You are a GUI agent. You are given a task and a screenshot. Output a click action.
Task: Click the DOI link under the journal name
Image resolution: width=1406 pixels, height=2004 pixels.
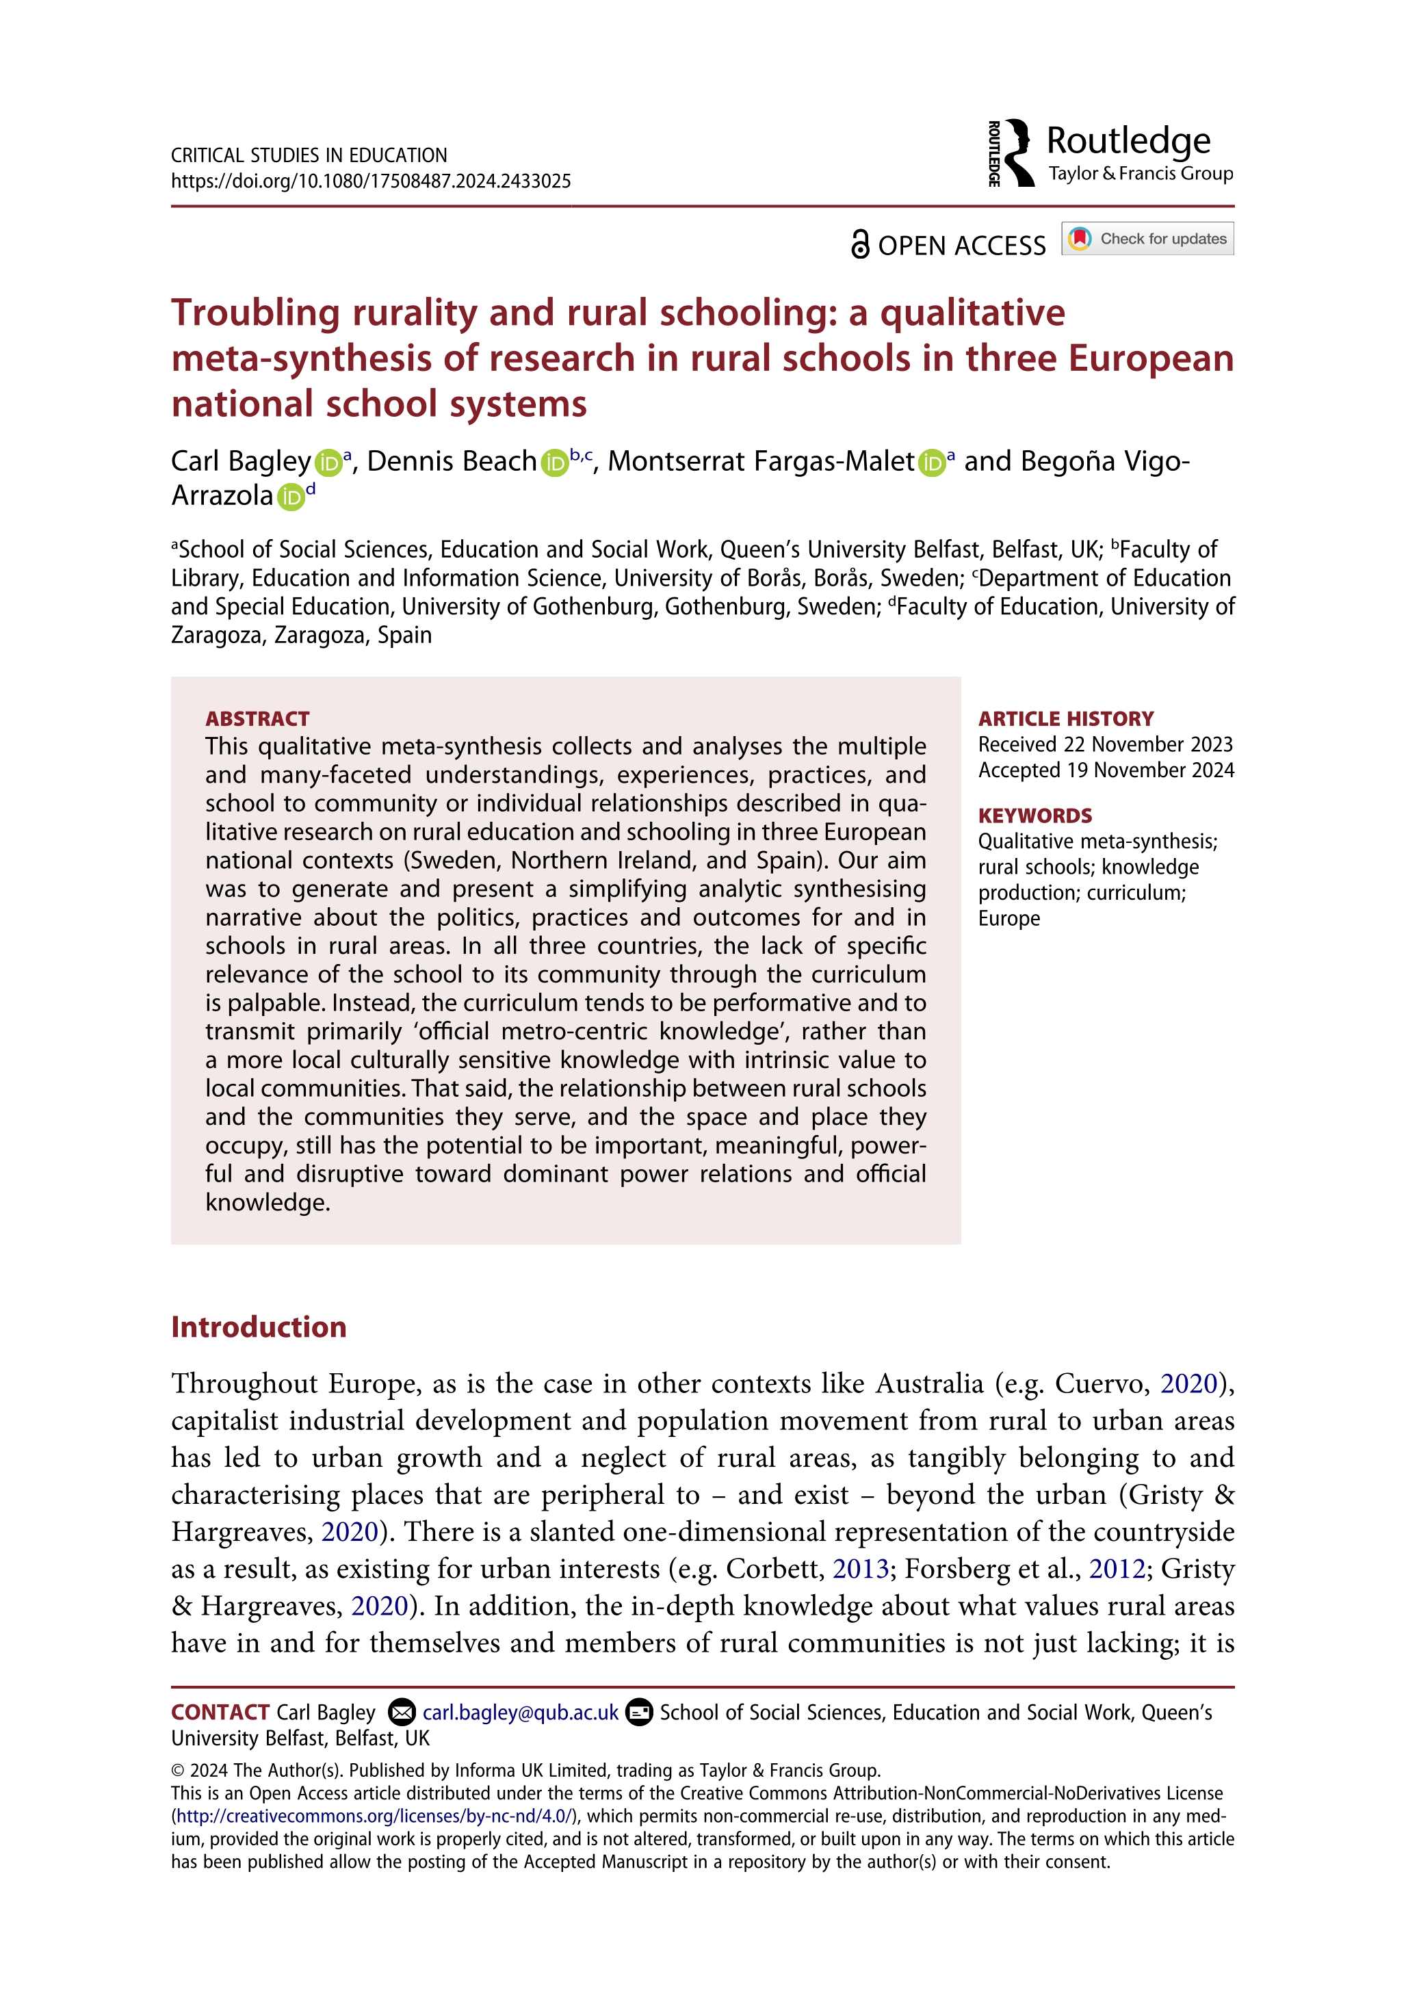point(371,181)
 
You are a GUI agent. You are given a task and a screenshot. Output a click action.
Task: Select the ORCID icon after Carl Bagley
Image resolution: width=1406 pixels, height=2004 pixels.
point(328,463)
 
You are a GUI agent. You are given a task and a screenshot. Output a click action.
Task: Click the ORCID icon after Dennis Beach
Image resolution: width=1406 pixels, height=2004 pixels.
point(554,463)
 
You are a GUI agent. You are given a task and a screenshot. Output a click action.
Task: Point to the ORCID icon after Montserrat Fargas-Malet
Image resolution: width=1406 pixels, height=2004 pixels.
point(932,463)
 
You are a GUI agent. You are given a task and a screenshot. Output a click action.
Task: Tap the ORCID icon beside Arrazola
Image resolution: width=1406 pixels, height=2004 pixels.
point(291,497)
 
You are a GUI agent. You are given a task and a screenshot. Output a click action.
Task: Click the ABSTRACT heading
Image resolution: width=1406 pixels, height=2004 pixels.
point(257,718)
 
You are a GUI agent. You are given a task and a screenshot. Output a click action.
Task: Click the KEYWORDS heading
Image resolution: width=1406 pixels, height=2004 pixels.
point(1034,816)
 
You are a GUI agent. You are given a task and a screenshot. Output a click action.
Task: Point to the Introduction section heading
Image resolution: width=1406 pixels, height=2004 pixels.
point(259,1327)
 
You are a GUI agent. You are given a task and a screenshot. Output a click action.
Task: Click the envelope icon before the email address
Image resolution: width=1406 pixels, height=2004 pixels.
point(402,1713)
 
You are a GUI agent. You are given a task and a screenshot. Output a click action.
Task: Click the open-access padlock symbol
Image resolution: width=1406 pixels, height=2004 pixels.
point(859,244)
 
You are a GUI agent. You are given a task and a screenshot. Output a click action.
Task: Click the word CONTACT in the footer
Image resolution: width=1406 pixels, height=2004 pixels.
point(220,1713)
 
